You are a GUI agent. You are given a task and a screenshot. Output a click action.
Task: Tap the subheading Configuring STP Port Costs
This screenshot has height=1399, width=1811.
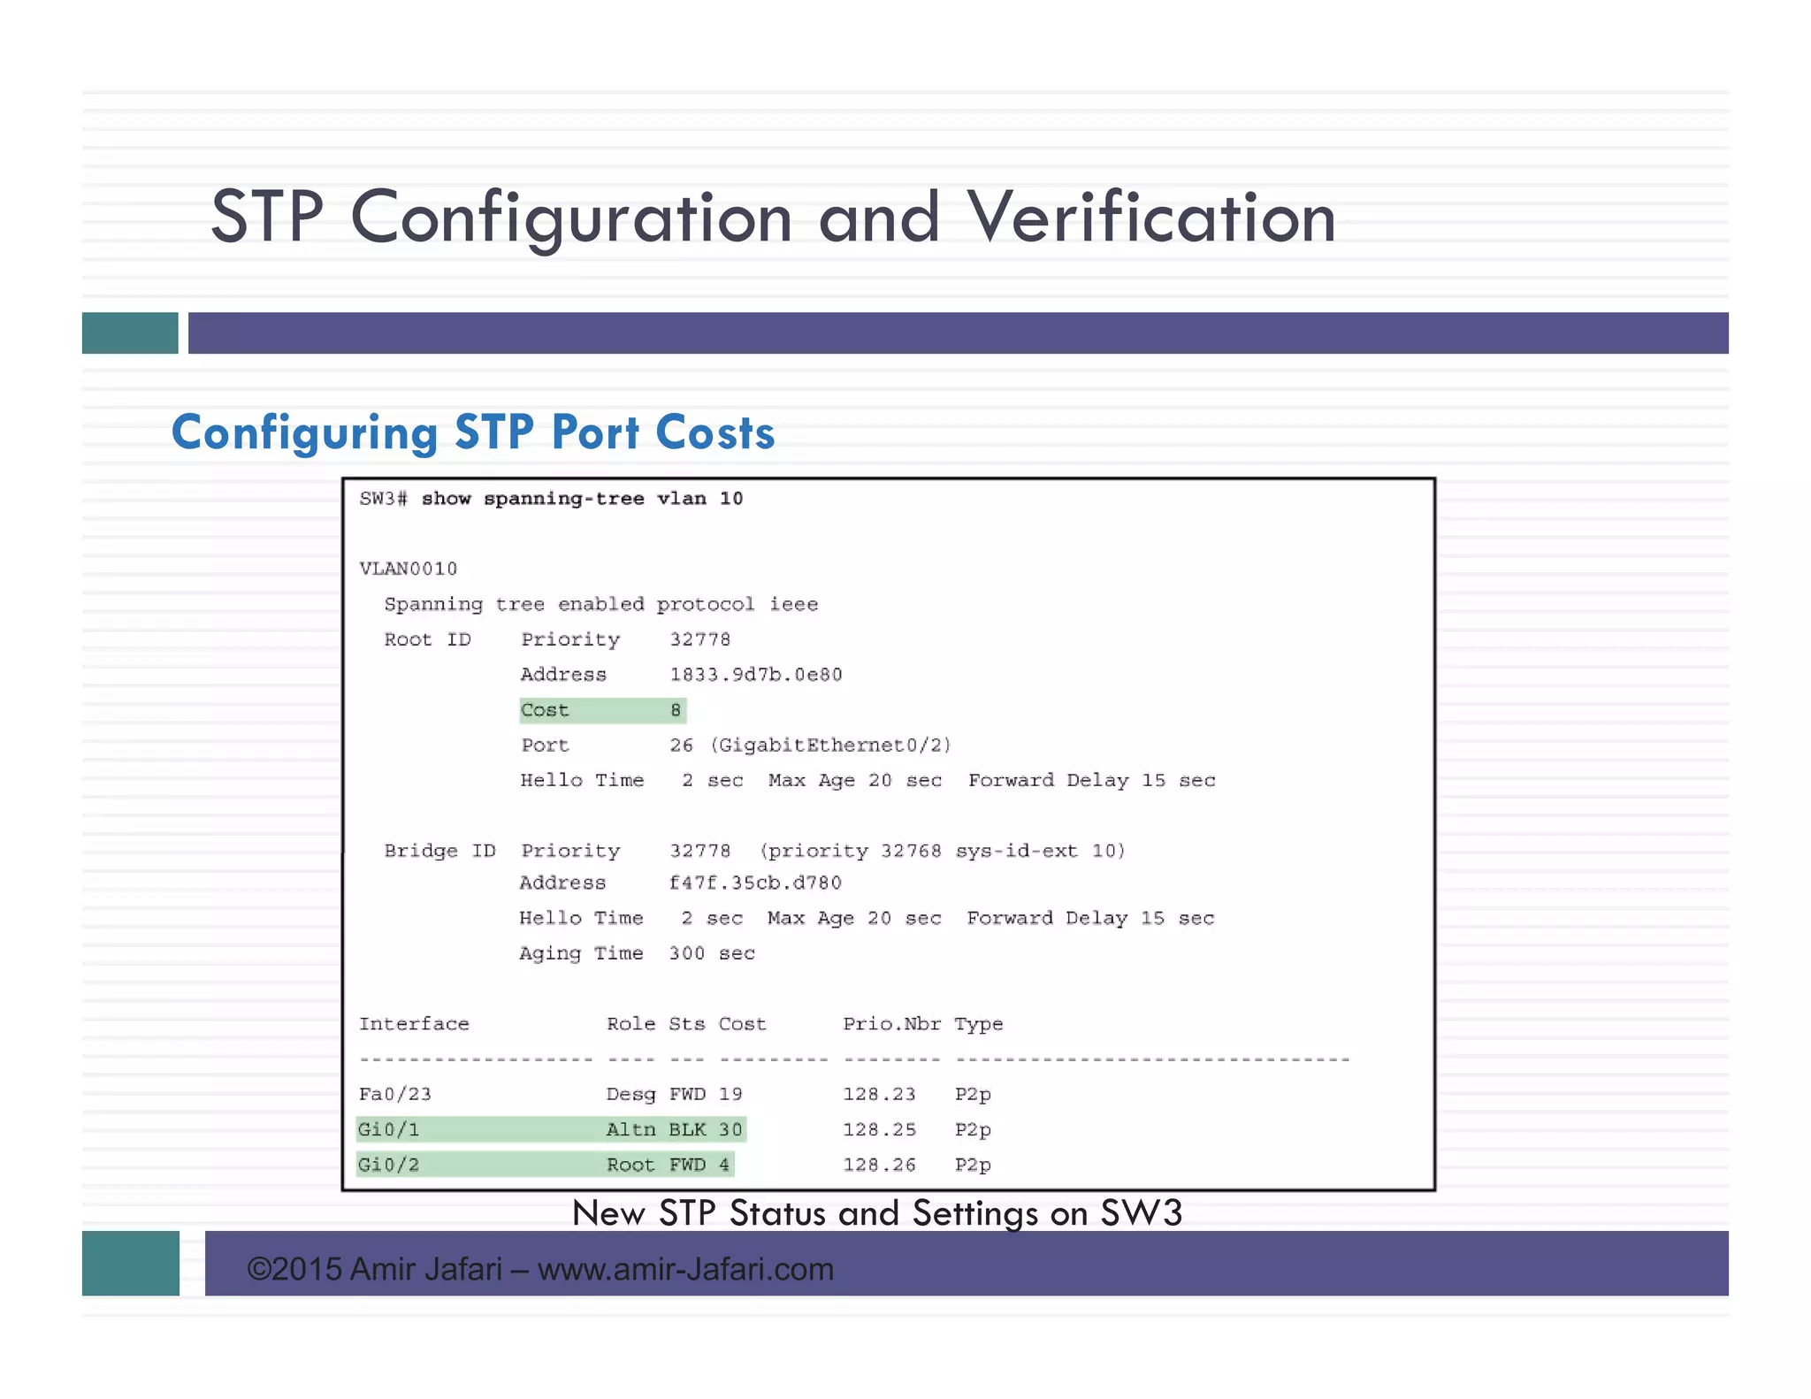point(473,432)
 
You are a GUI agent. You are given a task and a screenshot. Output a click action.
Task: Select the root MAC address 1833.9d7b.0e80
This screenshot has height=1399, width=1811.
point(755,675)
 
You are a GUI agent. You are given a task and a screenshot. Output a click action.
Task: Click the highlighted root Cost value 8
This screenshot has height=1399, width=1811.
point(676,710)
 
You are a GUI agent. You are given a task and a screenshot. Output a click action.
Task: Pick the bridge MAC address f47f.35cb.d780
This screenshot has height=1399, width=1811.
point(754,883)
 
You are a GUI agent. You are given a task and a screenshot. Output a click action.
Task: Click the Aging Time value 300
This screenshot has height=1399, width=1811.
point(686,953)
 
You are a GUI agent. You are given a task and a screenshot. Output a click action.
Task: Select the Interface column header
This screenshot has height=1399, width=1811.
point(414,1024)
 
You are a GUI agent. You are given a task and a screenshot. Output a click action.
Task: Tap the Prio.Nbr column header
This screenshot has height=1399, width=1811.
point(891,1024)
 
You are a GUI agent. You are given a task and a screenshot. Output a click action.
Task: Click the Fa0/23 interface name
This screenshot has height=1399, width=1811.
point(395,1095)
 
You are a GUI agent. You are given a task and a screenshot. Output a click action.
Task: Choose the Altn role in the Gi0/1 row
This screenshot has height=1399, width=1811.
point(630,1130)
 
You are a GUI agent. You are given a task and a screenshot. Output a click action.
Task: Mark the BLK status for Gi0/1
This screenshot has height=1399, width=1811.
point(687,1130)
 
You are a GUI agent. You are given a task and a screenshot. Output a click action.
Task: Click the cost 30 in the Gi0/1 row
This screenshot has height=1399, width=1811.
point(730,1130)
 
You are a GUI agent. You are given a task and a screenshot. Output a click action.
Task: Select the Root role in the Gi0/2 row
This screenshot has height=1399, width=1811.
point(630,1166)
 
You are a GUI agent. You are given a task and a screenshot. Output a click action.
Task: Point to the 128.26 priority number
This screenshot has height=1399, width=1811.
point(879,1166)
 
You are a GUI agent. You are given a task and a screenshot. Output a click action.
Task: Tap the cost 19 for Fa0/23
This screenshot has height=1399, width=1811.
point(730,1095)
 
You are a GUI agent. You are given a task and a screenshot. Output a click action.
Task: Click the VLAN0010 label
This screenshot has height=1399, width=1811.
point(408,569)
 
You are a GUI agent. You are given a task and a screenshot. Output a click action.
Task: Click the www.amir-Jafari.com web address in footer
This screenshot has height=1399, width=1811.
point(685,1269)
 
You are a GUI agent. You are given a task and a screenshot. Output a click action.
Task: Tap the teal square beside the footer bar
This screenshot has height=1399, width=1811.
point(131,1263)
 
